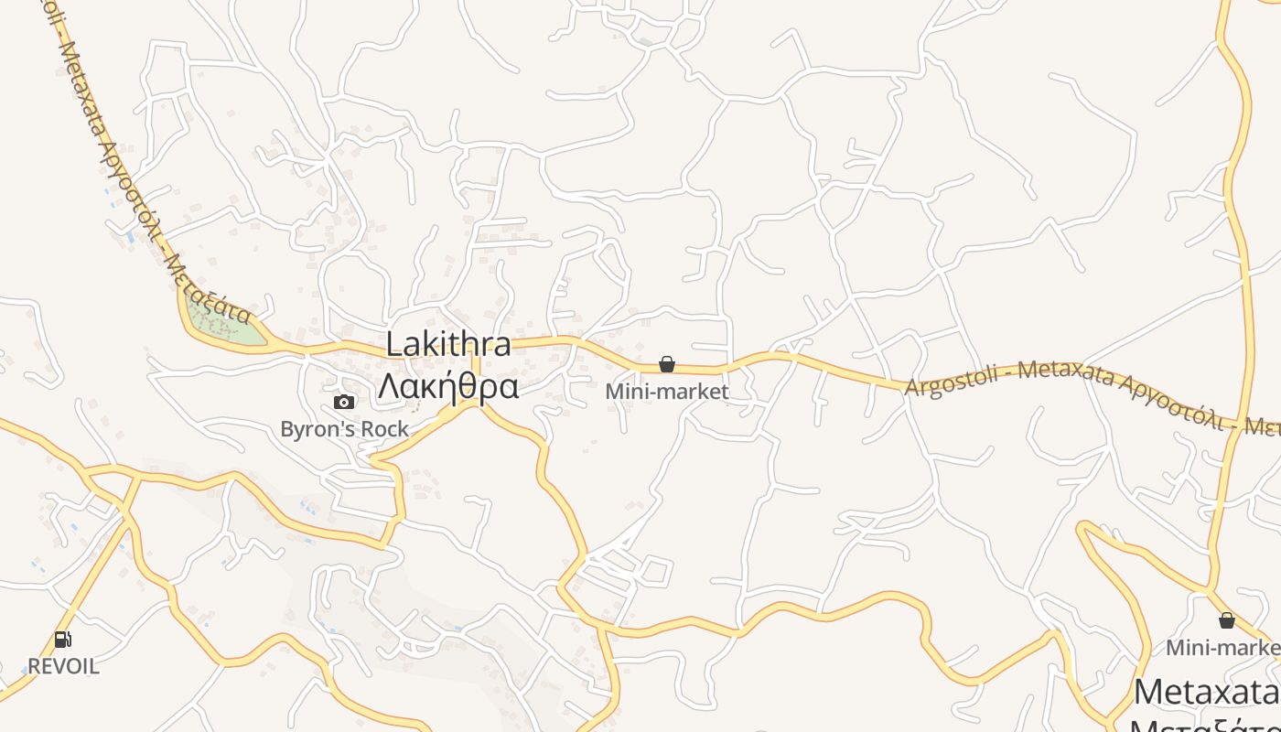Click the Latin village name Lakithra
[448, 345]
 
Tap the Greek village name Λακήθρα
[448, 386]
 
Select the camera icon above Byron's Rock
[344, 403]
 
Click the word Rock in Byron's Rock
[385, 428]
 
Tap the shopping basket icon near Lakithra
[667, 365]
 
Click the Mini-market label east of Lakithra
[667, 392]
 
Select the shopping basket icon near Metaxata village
[1227, 621]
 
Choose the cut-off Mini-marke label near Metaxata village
[1222, 648]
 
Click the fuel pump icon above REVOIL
[62, 640]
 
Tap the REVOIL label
[63, 666]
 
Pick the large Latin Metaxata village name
[1206, 692]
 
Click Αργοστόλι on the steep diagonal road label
[133, 192]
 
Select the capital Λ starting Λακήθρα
[390, 387]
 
